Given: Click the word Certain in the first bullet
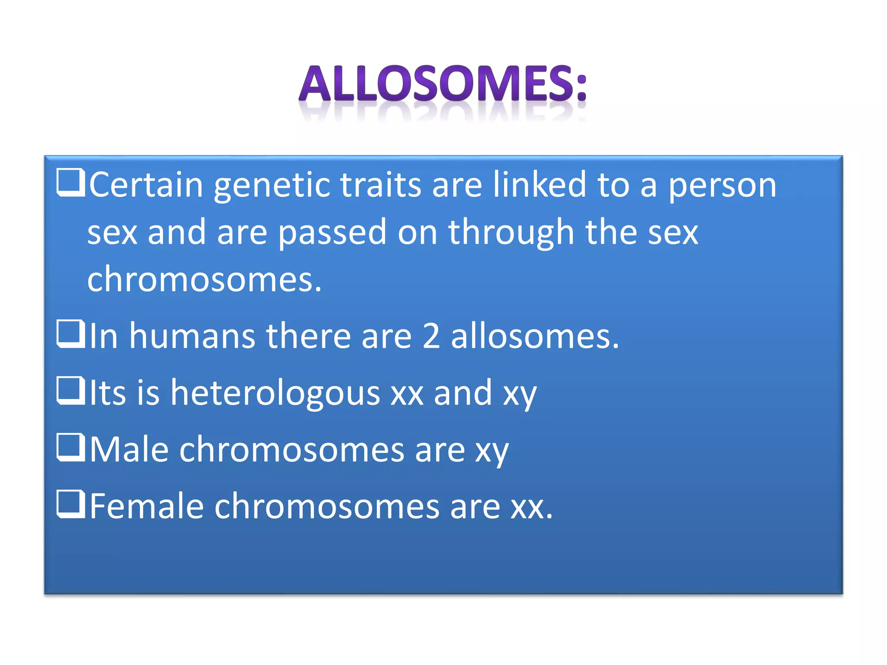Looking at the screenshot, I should (x=146, y=185).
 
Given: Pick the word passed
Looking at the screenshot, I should (x=332, y=233).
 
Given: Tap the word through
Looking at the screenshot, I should (x=511, y=233).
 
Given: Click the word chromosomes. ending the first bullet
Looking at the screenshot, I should (x=204, y=279).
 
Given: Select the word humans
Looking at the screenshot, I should (x=192, y=336).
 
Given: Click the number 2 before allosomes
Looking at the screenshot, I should (x=431, y=336).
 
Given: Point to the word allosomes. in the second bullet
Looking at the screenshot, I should (x=535, y=336).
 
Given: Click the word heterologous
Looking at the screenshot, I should (x=275, y=393).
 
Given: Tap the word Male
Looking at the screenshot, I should (x=129, y=449).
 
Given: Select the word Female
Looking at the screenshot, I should (x=146, y=506).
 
